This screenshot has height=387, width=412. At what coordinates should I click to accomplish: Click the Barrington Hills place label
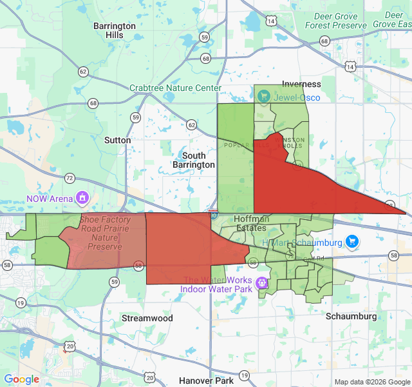pyautogui.click(x=114, y=30)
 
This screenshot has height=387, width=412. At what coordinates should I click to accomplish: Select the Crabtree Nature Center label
pyautogui.click(x=175, y=88)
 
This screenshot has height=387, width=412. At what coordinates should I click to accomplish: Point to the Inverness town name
pyautogui.click(x=301, y=84)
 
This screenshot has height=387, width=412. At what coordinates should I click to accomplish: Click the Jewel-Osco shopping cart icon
pyautogui.click(x=263, y=97)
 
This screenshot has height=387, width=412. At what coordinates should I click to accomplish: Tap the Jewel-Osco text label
pyautogui.click(x=297, y=97)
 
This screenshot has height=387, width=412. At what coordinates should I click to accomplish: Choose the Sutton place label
pyautogui.click(x=117, y=140)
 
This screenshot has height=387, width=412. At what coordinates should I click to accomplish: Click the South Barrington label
pyautogui.click(x=194, y=160)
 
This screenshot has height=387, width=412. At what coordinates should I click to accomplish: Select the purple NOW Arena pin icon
pyautogui.click(x=82, y=197)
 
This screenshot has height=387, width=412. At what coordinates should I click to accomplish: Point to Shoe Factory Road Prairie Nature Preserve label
pyautogui.click(x=105, y=233)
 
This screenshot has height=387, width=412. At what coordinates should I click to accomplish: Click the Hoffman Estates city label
pyautogui.click(x=250, y=223)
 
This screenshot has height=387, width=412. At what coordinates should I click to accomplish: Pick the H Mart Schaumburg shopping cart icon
pyautogui.click(x=351, y=242)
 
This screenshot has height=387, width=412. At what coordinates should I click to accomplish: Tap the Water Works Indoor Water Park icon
pyautogui.click(x=261, y=283)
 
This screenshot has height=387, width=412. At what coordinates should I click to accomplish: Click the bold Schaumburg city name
pyautogui.click(x=351, y=317)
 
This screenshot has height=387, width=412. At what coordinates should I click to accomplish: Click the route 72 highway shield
pyautogui.click(x=70, y=177)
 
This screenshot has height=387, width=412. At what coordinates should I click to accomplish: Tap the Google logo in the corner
pyautogui.click(x=22, y=379)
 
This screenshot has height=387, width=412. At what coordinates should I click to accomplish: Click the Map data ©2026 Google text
pyautogui.click(x=371, y=382)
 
